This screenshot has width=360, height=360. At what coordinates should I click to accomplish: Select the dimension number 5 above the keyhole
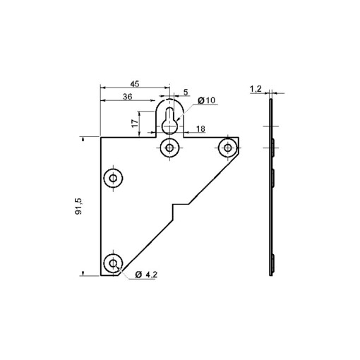pyautogui.click(x=186, y=92)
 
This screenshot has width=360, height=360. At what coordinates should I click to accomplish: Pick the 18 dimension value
pyautogui.click(x=201, y=128)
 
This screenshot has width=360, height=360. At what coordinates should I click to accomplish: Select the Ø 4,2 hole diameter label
pyautogui.click(x=145, y=274)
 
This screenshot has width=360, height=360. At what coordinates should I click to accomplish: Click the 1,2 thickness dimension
pyautogui.click(x=256, y=89)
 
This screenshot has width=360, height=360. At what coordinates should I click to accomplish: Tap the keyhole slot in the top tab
pyautogui.click(x=169, y=121)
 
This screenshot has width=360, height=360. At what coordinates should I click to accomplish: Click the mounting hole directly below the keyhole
pyautogui.click(x=169, y=148)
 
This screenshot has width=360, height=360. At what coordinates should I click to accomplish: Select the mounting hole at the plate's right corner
pyautogui.click(x=227, y=148)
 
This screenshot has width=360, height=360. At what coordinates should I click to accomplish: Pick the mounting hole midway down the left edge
pyautogui.click(x=112, y=179)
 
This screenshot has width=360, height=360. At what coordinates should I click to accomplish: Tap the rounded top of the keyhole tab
pyautogui.click(x=169, y=101)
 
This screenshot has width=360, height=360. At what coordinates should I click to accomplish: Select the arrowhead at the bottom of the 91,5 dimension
pyautogui.click(x=84, y=272)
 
